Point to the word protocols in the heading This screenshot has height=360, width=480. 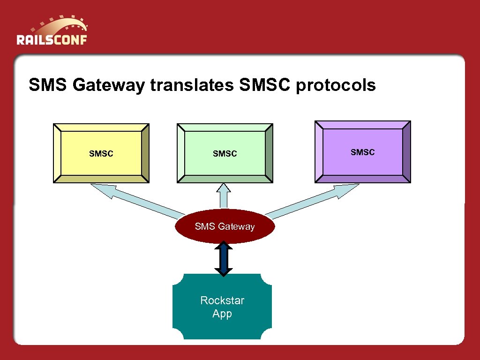tap(336, 85)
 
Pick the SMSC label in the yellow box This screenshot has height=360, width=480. tap(101, 154)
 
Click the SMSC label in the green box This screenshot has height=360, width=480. tap(225, 154)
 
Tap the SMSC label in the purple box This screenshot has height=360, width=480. tap(363, 152)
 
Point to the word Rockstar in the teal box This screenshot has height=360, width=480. tap(222, 300)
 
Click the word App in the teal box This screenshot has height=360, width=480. tap(222, 314)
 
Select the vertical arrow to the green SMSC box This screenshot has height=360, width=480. tap(224, 196)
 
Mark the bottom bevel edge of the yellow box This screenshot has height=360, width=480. tap(101, 179)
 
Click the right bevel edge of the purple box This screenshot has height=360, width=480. tap(406, 152)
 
